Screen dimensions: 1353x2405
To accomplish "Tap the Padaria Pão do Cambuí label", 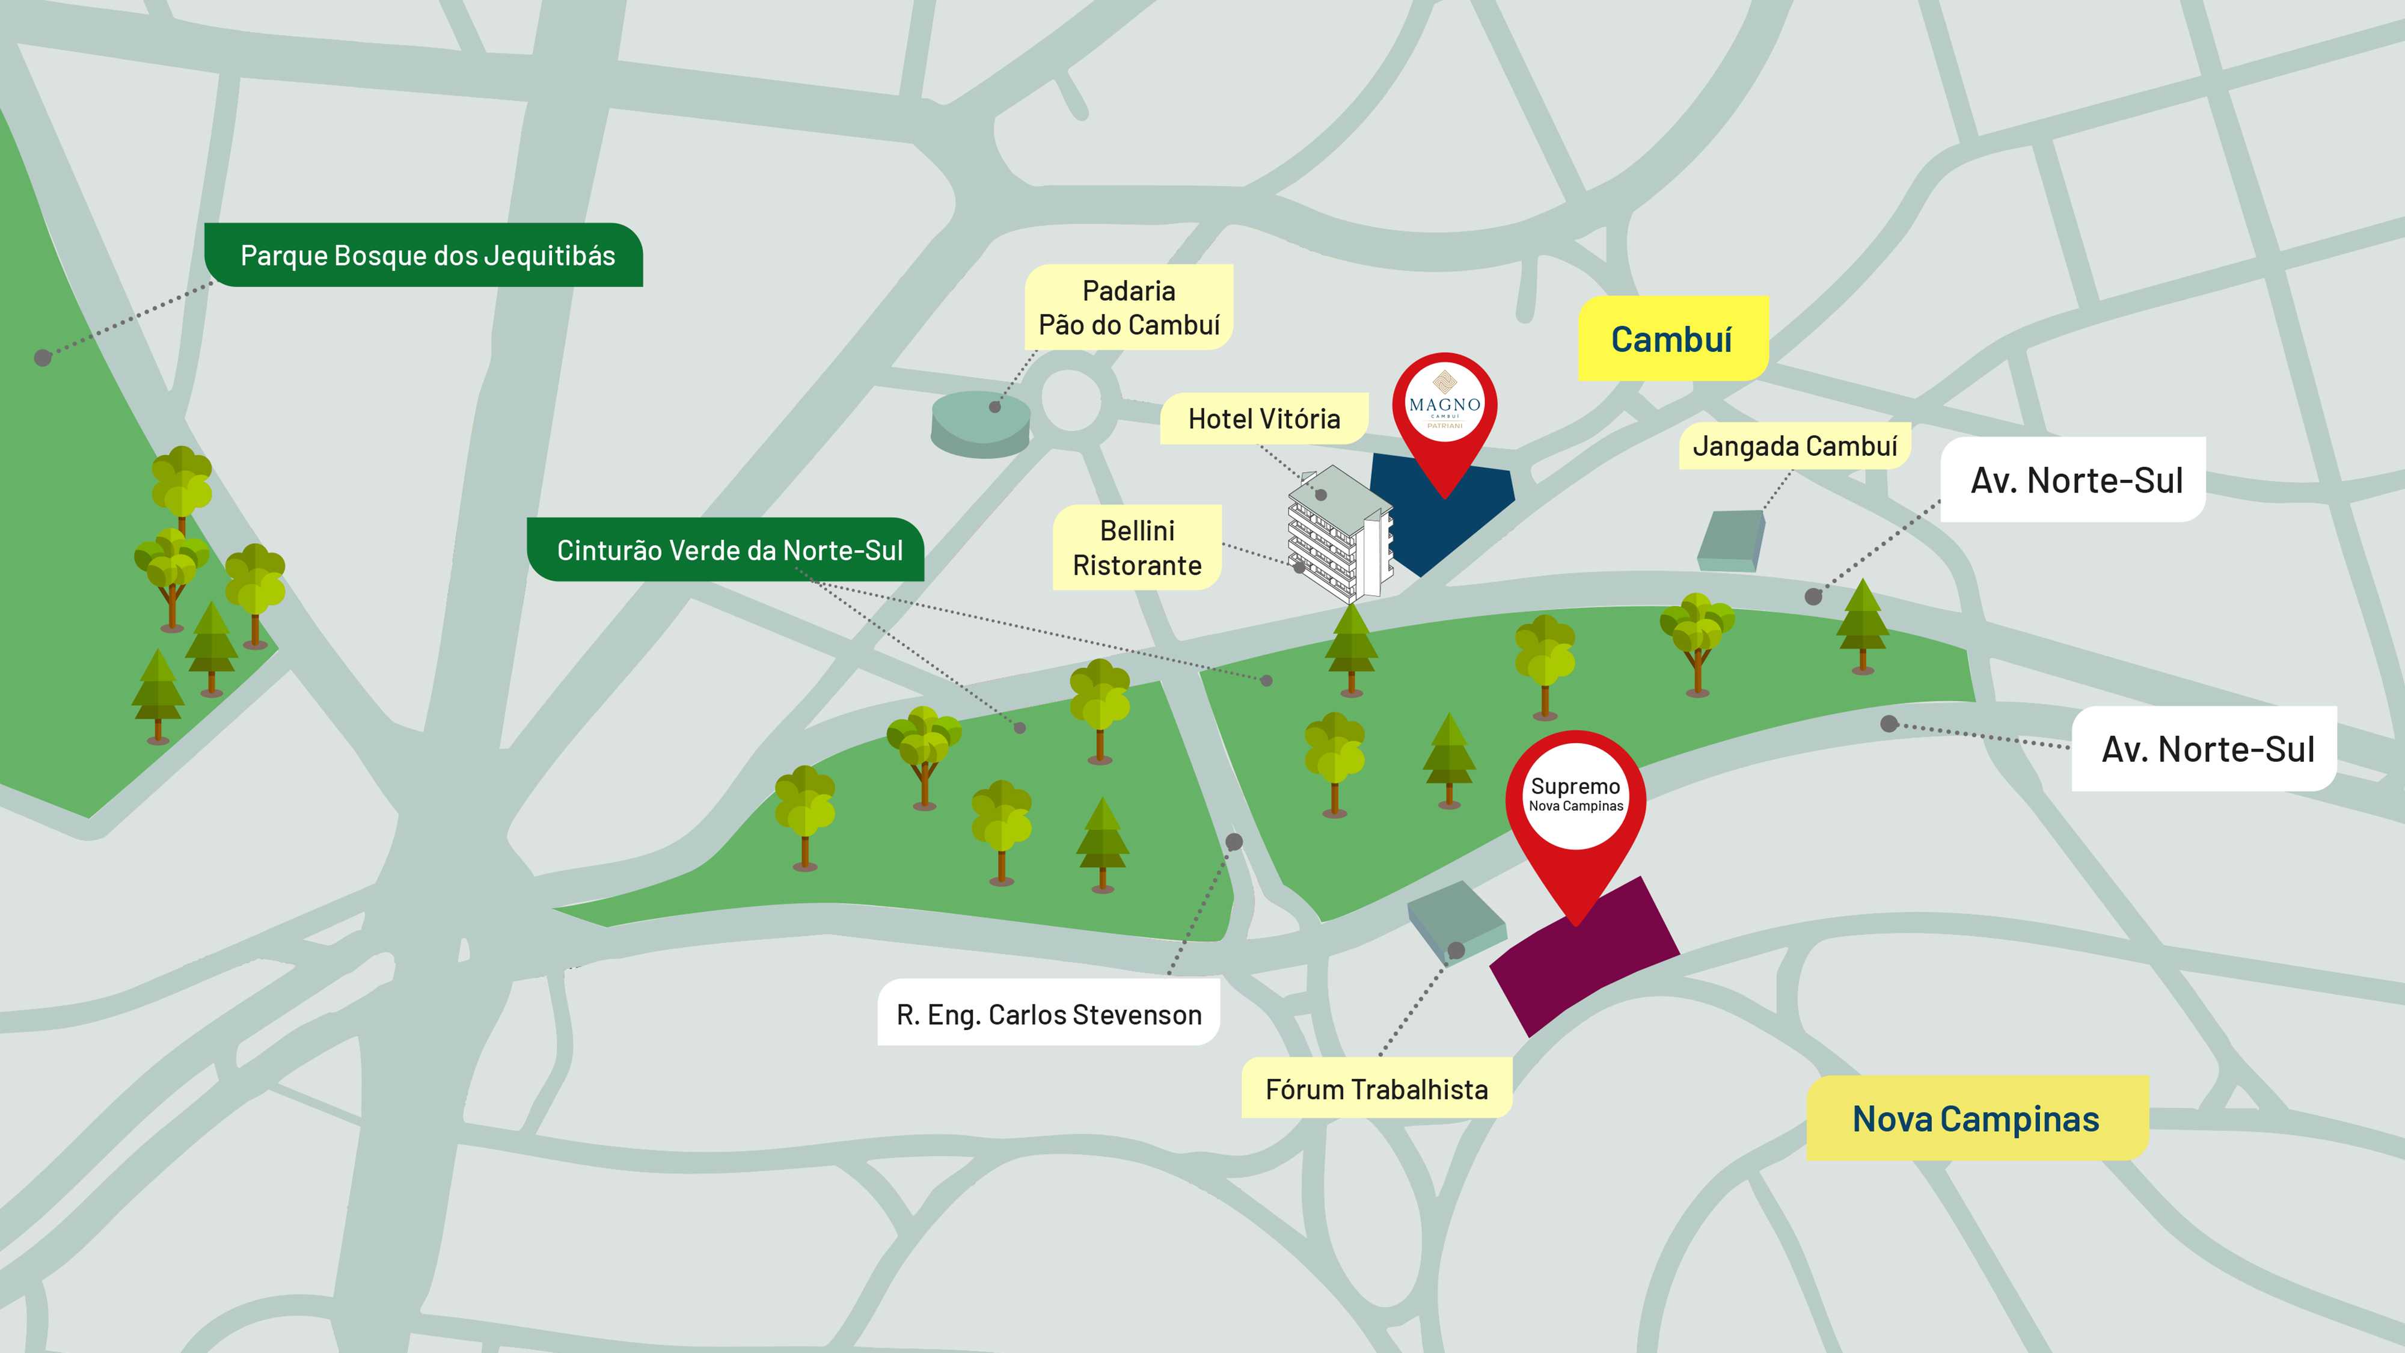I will (x=1129, y=307).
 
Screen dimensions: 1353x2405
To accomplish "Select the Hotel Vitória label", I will (x=1263, y=419).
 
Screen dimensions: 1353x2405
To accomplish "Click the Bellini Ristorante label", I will (x=1136, y=548).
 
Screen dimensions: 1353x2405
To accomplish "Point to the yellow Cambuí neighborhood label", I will (x=1671, y=339).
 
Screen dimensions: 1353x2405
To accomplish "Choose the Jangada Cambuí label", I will (x=1794, y=446).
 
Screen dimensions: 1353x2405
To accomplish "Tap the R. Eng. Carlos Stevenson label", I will (x=1049, y=1014).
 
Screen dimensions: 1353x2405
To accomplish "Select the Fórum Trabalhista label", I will (x=1376, y=1089).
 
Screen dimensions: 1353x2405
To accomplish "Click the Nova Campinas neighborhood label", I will (x=1976, y=1118).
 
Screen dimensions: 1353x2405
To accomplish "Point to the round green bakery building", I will (x=980, y=425).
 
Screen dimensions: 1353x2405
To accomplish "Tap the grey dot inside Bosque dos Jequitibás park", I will (x=42, y=358).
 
